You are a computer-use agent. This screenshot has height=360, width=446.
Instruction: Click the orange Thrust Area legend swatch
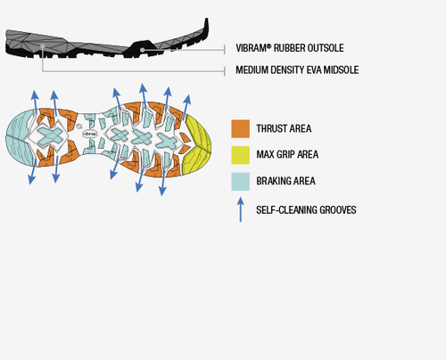[241, 129]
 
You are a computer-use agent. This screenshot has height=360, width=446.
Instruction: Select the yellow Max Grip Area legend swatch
[241, 155]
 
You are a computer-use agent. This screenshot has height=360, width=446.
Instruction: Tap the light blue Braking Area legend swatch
[241, 182]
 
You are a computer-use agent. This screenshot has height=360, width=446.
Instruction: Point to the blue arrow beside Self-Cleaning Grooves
[241, 209]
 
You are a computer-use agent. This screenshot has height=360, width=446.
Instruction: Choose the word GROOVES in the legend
[338, 210]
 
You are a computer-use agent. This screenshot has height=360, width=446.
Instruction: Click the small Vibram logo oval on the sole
[89, 134]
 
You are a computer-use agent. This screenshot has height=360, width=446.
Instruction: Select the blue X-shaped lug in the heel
[50, 135]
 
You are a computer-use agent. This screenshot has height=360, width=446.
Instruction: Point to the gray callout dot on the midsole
[43, 46]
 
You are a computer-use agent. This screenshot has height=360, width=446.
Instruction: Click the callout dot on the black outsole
[143, 50]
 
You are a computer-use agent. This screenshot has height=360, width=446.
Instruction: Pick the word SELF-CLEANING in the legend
[286, 210]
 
